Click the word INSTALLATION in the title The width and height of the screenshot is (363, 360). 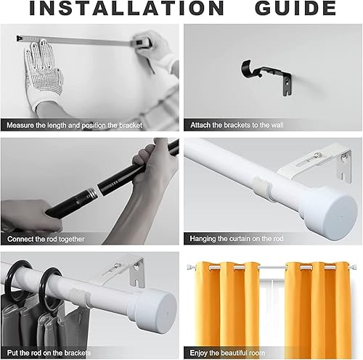tap(126, 8)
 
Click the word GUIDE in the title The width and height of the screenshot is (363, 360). tap(295, 8)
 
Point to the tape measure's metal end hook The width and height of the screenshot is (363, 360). tap(19, 38)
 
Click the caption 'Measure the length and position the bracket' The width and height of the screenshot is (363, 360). tap(75, 126)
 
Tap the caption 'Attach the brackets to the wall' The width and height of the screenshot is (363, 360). tap(237, 125)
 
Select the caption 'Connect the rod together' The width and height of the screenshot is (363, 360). tap(46, 239)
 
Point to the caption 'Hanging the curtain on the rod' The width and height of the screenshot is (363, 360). tap(237, 239)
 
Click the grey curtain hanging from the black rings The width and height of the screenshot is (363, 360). tap(44, 324)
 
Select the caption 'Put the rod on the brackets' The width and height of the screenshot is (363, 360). tap(49, 353)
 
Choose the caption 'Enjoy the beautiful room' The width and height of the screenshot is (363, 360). tap(227, 353)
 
